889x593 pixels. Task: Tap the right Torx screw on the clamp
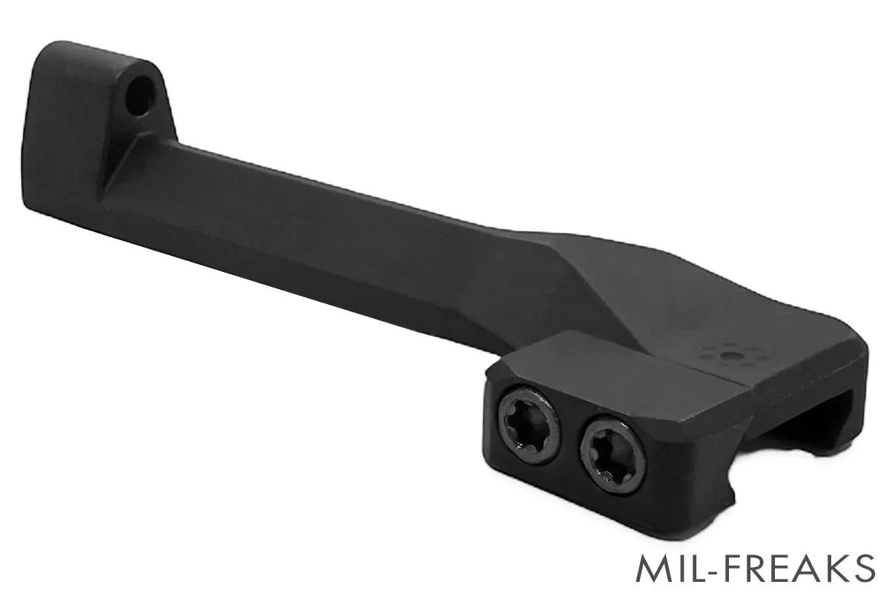(613, 457)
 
